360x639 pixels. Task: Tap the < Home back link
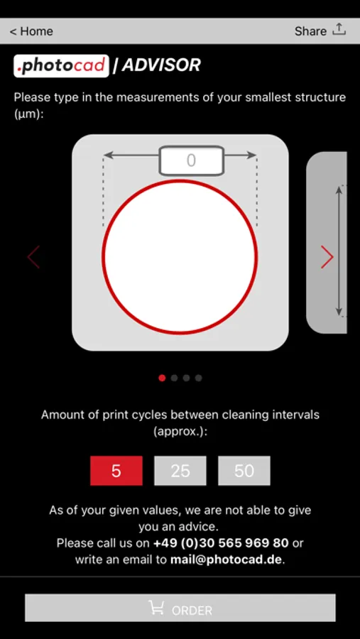tap(31, 31)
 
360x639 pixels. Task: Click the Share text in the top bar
tap(310, 31)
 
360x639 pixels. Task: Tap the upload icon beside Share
tap(339, 29)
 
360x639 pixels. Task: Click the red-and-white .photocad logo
tap(62, 65)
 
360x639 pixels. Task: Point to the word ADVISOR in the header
tap(161, 65)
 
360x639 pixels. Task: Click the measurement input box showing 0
tap(191, 160)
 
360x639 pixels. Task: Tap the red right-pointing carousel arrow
tap(327, 257)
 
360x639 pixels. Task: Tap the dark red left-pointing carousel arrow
tap(33, 257)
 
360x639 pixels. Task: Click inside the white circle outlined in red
tap(180, 256)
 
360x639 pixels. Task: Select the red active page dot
tap(162, 378)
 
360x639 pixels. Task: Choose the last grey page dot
tap(198, 378)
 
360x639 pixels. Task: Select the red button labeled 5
tap(116, 471)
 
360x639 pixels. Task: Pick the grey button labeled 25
tap(180, 471)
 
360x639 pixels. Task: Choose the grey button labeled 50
tap(244, 471)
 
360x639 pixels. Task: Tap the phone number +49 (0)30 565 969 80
tap(221, 543)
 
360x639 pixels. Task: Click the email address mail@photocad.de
tap(227, 559)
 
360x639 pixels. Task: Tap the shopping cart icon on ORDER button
tap(156, 608)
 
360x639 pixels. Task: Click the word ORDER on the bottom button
tap(192, 611)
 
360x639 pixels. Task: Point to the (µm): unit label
tap(28, 114)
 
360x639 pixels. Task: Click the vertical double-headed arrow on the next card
tap(339, 251)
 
